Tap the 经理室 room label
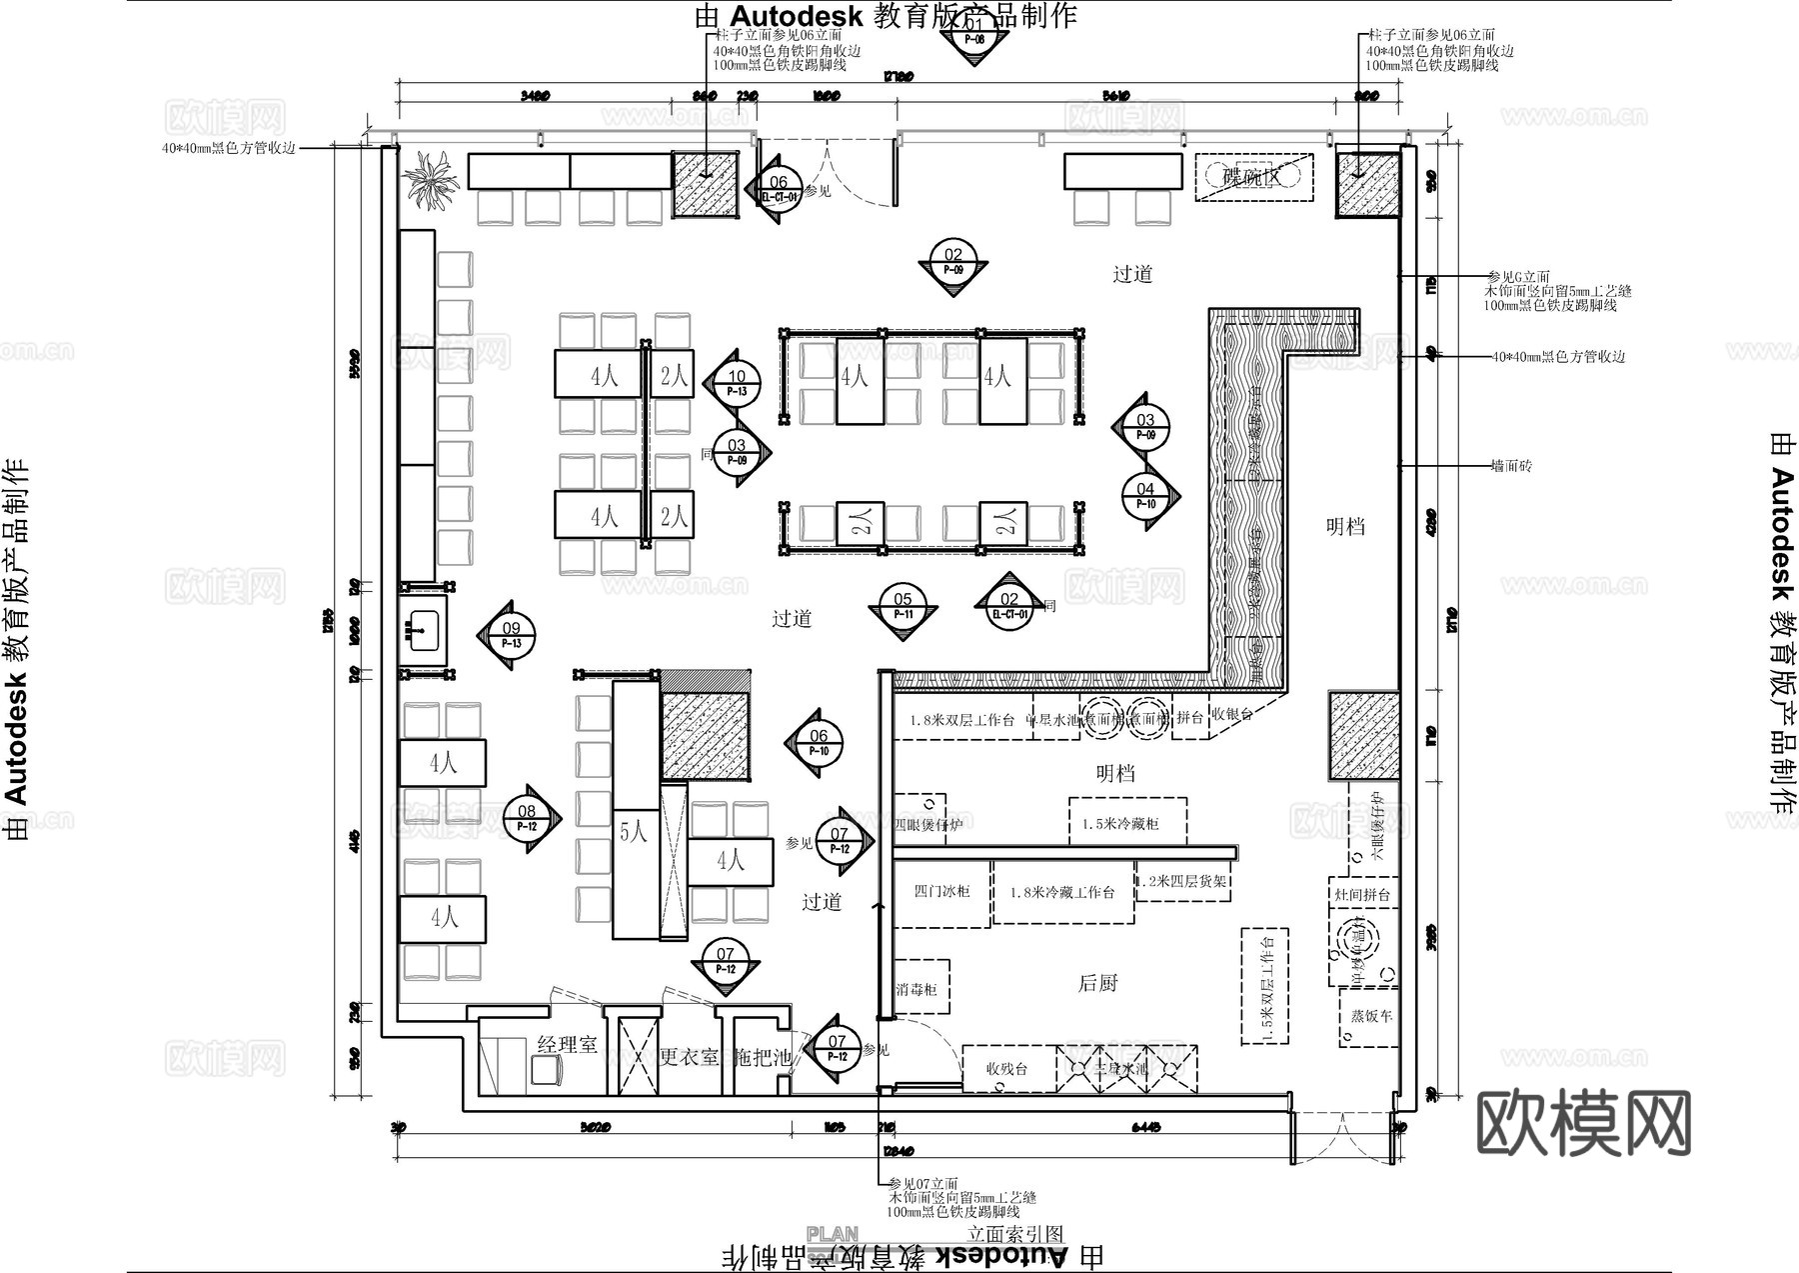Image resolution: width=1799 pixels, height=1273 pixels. coord(567,1044)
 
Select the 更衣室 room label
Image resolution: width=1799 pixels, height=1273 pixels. coord(689,1056)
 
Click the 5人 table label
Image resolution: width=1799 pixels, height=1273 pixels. coord(634,832)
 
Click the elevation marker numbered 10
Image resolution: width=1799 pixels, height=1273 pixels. coord(737,384)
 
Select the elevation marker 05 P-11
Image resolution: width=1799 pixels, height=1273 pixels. coord(902,607)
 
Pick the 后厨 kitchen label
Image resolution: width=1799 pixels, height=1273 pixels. coord(1097,983)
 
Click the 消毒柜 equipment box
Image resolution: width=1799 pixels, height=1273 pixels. coord(917,988)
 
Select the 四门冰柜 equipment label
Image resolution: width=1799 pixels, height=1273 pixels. coord(940,890)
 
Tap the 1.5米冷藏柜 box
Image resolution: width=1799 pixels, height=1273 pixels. coord(1127,823)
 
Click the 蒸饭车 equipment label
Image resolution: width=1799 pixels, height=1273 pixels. coord(1371,1015)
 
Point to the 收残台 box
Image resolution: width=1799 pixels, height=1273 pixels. coord(1007,1068)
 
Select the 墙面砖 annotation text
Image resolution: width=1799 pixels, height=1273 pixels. coord(1510,466)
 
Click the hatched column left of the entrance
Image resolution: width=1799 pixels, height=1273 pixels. coord(705,184)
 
